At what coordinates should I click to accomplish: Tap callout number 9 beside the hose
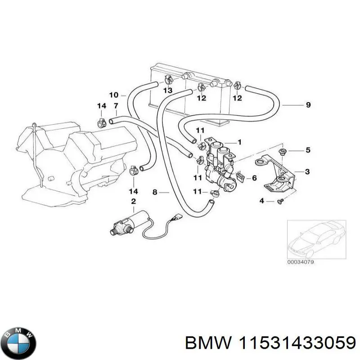point(308,105)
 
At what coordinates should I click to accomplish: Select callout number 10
point(113,95)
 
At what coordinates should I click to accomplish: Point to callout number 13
point(167,91)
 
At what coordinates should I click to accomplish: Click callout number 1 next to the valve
point(239,142)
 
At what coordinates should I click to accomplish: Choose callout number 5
point(308,150)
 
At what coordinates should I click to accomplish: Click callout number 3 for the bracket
point(308,171)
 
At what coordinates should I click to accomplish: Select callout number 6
point(254,178)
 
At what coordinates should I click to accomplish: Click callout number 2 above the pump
point(133,201)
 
